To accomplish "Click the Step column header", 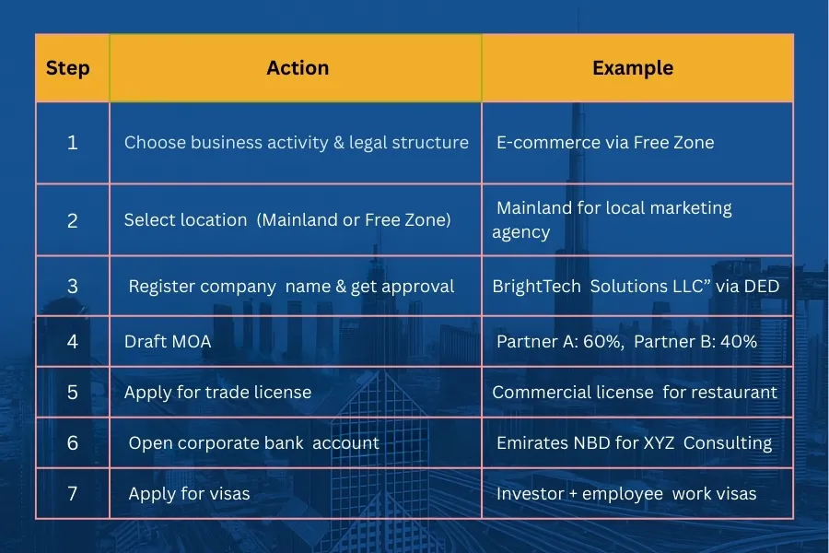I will click(68, 68).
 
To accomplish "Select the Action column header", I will click(297, 67).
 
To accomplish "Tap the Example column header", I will click(632, 67).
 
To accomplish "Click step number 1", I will click(73, 143).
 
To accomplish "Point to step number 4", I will click(73, 342).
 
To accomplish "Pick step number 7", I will click(73, 493).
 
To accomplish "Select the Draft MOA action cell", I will click(168, 342).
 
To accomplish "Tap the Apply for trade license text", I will click(217, 393).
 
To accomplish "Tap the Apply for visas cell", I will click(189, 494).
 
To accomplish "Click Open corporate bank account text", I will click(253, 443).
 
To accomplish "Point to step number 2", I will click(73, 220).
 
